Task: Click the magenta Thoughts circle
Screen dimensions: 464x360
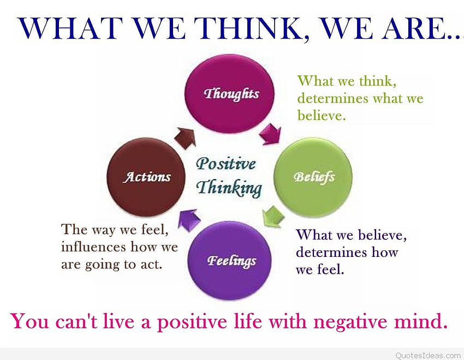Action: tap(230, 94)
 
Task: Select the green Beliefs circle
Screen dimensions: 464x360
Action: tap(313, 177)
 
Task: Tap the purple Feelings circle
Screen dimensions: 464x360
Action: tap(230, 260)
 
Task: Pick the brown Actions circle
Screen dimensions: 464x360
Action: tap(146, 177)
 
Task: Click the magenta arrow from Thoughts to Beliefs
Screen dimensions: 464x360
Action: tap(270, 135)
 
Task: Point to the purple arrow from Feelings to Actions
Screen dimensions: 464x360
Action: tap(189, 220)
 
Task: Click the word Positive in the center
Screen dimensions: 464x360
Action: tap(226, 164)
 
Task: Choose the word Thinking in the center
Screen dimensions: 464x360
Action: tap(229, 188)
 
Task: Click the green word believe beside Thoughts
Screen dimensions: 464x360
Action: tap(322, 115)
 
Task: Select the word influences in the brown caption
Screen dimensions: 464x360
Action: tap(94, 247)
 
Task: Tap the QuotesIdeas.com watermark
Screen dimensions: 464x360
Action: tap(428, 355)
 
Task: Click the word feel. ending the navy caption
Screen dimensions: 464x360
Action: tap(331, 269)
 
